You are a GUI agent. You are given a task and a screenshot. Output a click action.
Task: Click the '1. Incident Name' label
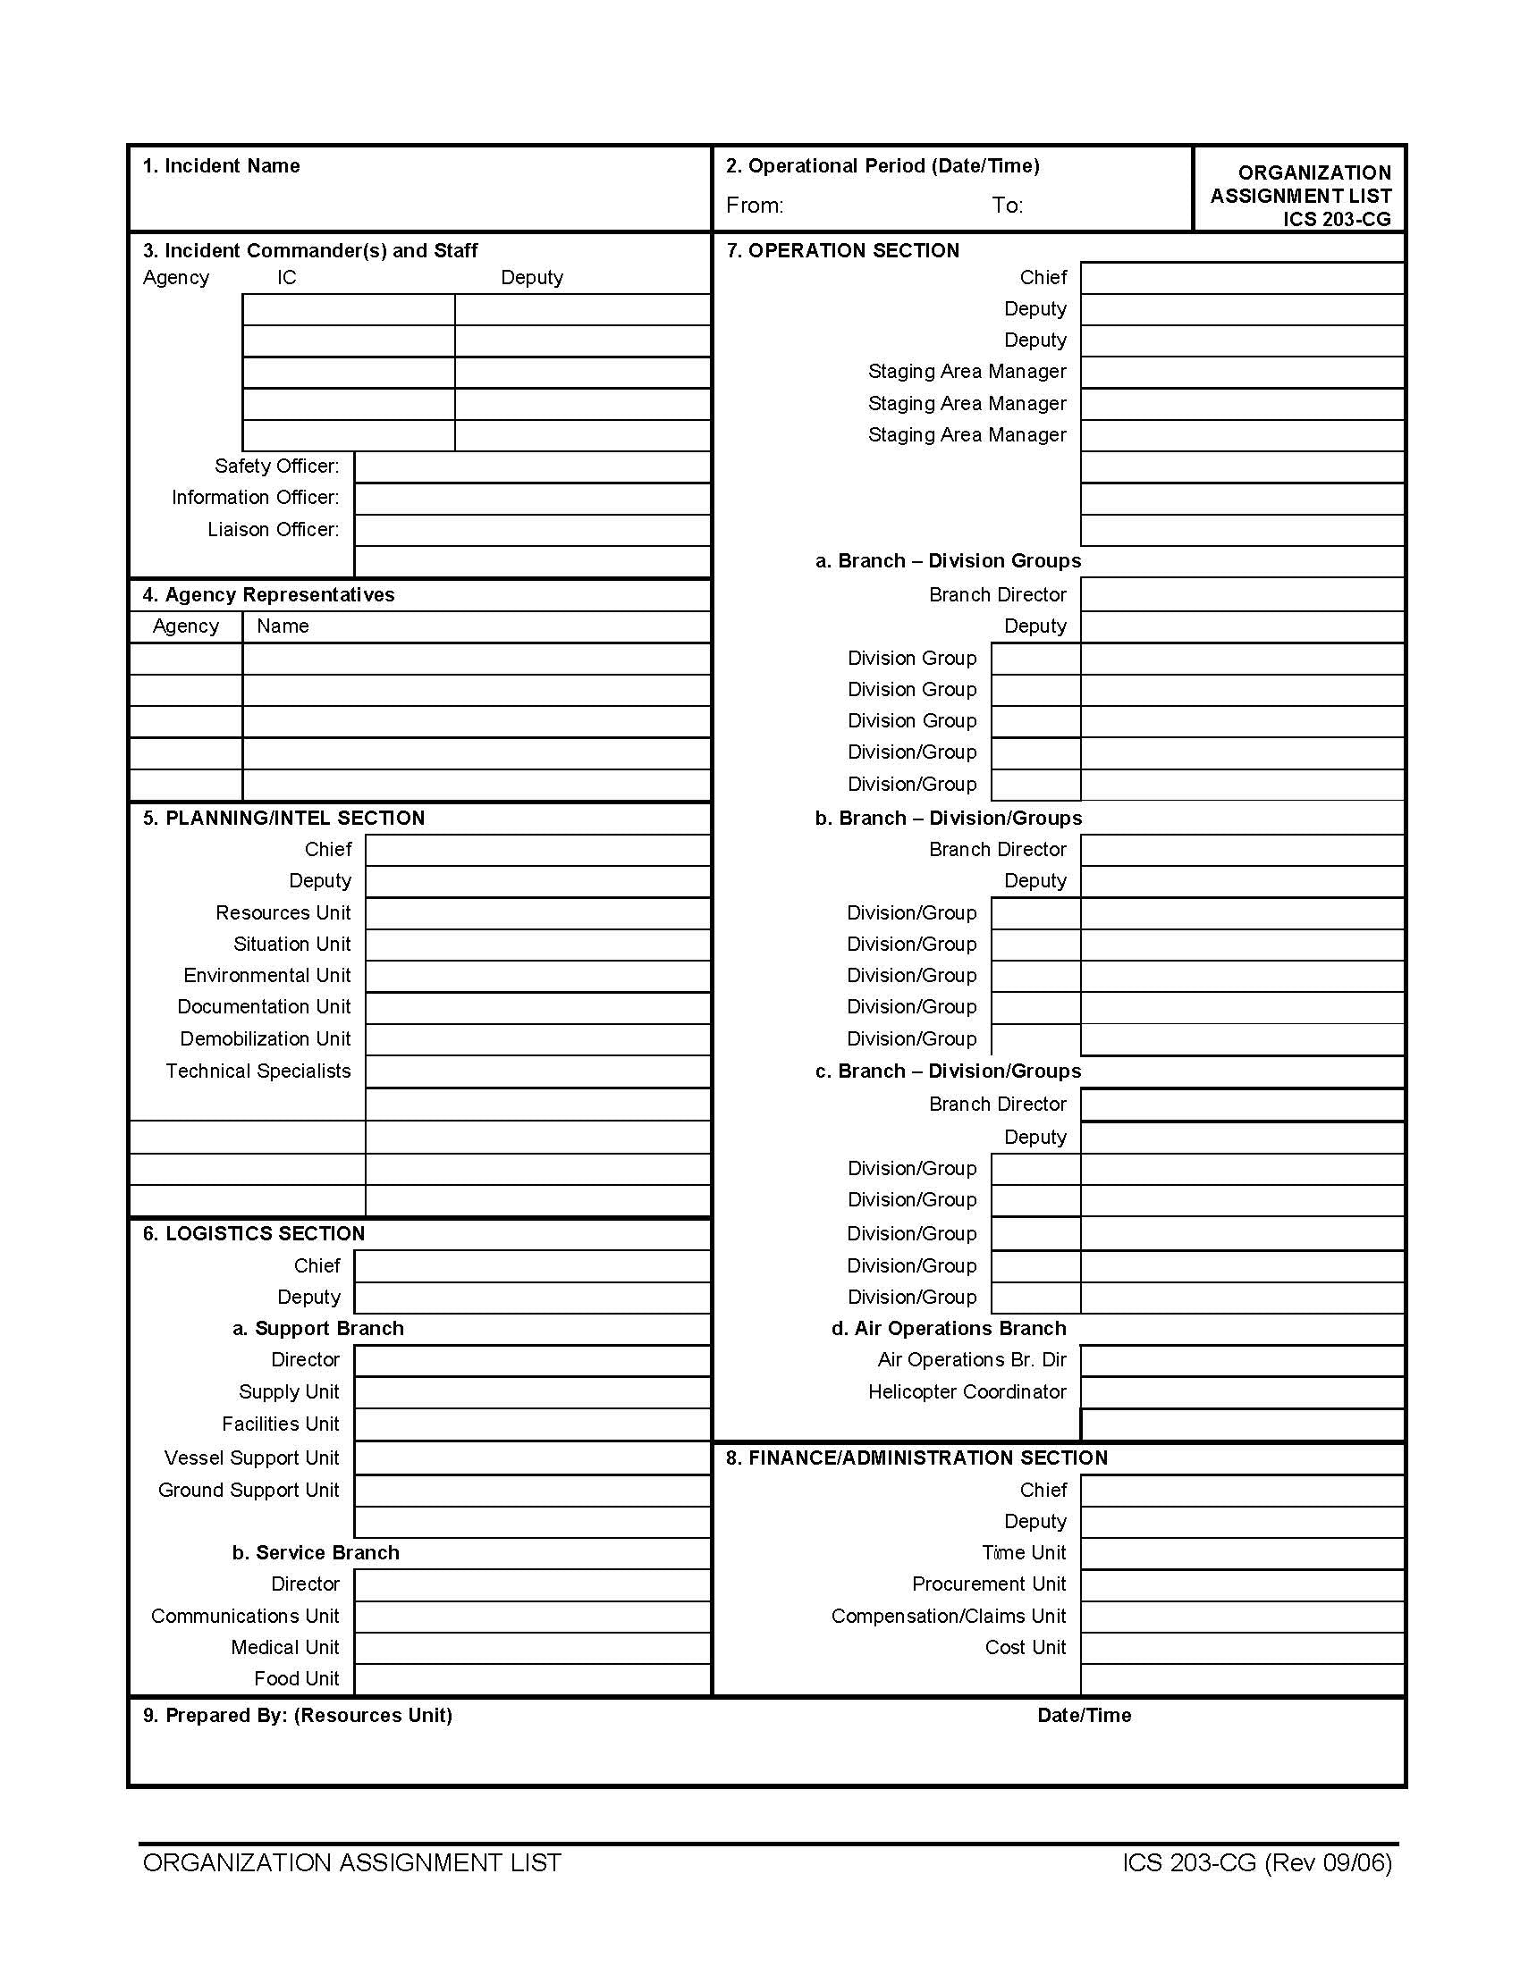(221, 165)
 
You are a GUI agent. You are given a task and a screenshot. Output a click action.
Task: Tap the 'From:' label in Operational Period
(755, 206)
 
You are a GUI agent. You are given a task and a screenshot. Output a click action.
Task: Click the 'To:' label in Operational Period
(1008, 206)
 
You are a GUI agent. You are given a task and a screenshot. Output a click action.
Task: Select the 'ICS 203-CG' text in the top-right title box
(1337, 219)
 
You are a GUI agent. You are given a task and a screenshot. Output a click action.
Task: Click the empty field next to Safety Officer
(532, 467)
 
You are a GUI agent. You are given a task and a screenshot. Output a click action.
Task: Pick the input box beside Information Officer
(532, 499)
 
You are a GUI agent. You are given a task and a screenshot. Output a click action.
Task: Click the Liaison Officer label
(273, 529)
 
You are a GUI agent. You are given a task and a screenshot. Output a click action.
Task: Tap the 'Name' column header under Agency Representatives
(282, 626)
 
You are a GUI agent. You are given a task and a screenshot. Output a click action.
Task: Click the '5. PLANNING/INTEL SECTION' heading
(283, 818)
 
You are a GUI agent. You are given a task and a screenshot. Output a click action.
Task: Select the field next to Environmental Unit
(537, 977)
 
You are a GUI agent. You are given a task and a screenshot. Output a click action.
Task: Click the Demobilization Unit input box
(537, 1039)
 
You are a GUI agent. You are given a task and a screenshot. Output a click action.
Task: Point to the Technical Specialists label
(258, 1071)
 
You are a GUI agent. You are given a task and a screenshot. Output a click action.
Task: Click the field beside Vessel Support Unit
(532, 1458)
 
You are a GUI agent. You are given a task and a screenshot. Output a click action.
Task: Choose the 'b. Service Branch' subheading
(315, 1553)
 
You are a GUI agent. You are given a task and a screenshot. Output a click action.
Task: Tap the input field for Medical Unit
(532, 1648)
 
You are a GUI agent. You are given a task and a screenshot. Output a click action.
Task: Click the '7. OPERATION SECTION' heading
(843, 250)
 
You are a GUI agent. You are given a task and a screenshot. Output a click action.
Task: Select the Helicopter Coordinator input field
(1242, 1392)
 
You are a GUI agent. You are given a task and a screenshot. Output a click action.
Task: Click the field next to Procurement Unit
(1242, 1584)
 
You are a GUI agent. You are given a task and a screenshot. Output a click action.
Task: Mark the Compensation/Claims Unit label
(948, 1616)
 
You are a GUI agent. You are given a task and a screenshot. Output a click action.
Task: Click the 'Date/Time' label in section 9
(1085, 1715)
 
